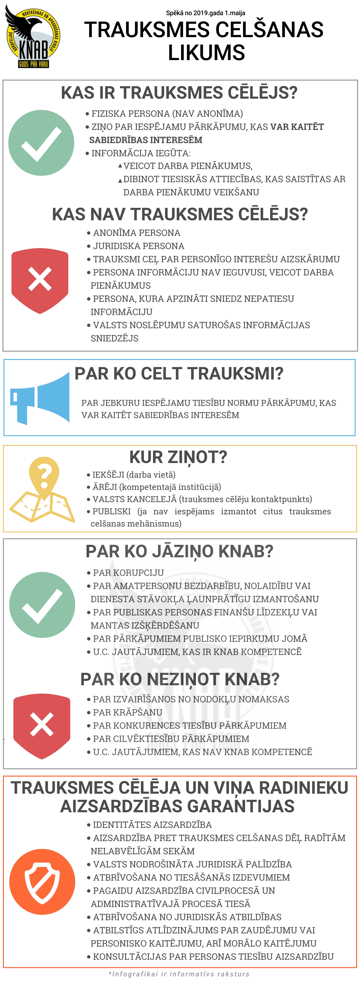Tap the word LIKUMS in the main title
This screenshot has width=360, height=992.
[206, 53]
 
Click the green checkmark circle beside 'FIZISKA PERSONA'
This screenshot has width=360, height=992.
[41, 143]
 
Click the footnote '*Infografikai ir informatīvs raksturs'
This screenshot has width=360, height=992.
[179, 974]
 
